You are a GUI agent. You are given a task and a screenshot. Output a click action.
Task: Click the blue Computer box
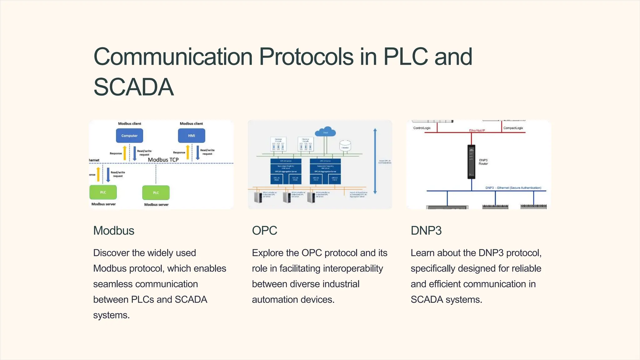click(x=129, y=136)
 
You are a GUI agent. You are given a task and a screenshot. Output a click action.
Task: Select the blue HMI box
click(x=192, y=136)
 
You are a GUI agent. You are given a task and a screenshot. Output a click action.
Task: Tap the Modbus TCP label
click(x=163, y=160)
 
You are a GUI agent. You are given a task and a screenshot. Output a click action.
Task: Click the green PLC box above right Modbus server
click(x=156, y=192)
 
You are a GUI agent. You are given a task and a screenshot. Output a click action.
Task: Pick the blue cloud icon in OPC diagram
click(x=325, y=132)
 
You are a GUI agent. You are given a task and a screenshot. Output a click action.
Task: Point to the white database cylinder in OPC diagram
click(x=345, y=146)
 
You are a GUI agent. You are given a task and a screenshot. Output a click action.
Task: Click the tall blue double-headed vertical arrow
click(x=375, y=161)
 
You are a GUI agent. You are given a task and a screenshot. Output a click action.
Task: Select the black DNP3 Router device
click(x=471, y=162)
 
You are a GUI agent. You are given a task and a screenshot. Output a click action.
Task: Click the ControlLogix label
click(x=422, y=128)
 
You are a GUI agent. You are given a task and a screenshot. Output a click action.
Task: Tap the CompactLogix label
click(x=513, y=128)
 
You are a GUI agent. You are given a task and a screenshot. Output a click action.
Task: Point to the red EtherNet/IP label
click(x=477, y=130)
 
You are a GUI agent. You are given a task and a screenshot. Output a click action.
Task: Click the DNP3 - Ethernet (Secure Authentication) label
click(x=513, y=188)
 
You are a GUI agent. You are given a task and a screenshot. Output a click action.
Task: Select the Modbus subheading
click(x=114, y=231)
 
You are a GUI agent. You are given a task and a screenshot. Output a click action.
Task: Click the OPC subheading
click(x=264, y=231)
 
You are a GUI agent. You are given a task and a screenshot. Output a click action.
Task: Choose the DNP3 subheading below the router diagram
click(x=426, y=231)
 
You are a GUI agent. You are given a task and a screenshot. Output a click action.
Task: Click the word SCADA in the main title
click(x=133, y=87)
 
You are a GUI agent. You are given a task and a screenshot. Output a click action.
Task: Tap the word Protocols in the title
click(x=306, y=57)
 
